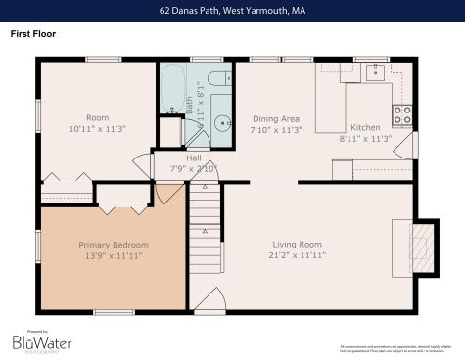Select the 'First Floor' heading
[33, 33]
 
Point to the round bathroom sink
[223, 124]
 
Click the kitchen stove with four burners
[402, 114]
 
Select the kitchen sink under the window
[373, 71]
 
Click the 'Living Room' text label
[297, 245]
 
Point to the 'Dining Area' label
[275, 117]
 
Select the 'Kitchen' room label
[365, 128]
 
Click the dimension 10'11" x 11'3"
[97, 128]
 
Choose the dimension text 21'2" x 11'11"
[297, 254]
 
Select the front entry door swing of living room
[209, 300]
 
